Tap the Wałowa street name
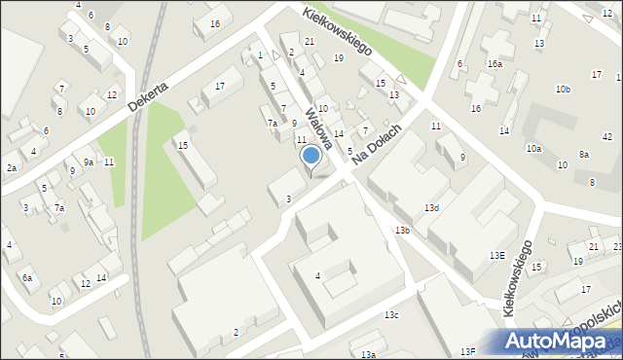click(319, 128)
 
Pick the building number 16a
click(495, 63)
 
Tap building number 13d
click(431, 208)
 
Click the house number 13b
click(402, 230)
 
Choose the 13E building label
click(496, 256)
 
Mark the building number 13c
click(390, 315)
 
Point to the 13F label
click(468, 351)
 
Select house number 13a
click(368, 355)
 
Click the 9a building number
click(88, 162)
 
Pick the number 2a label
click(11, 168)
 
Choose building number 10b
click(563, 90)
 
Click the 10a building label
click(533, 149)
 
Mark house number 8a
click(583, 155)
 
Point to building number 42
click(606, 137)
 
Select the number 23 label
click(617, 247)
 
